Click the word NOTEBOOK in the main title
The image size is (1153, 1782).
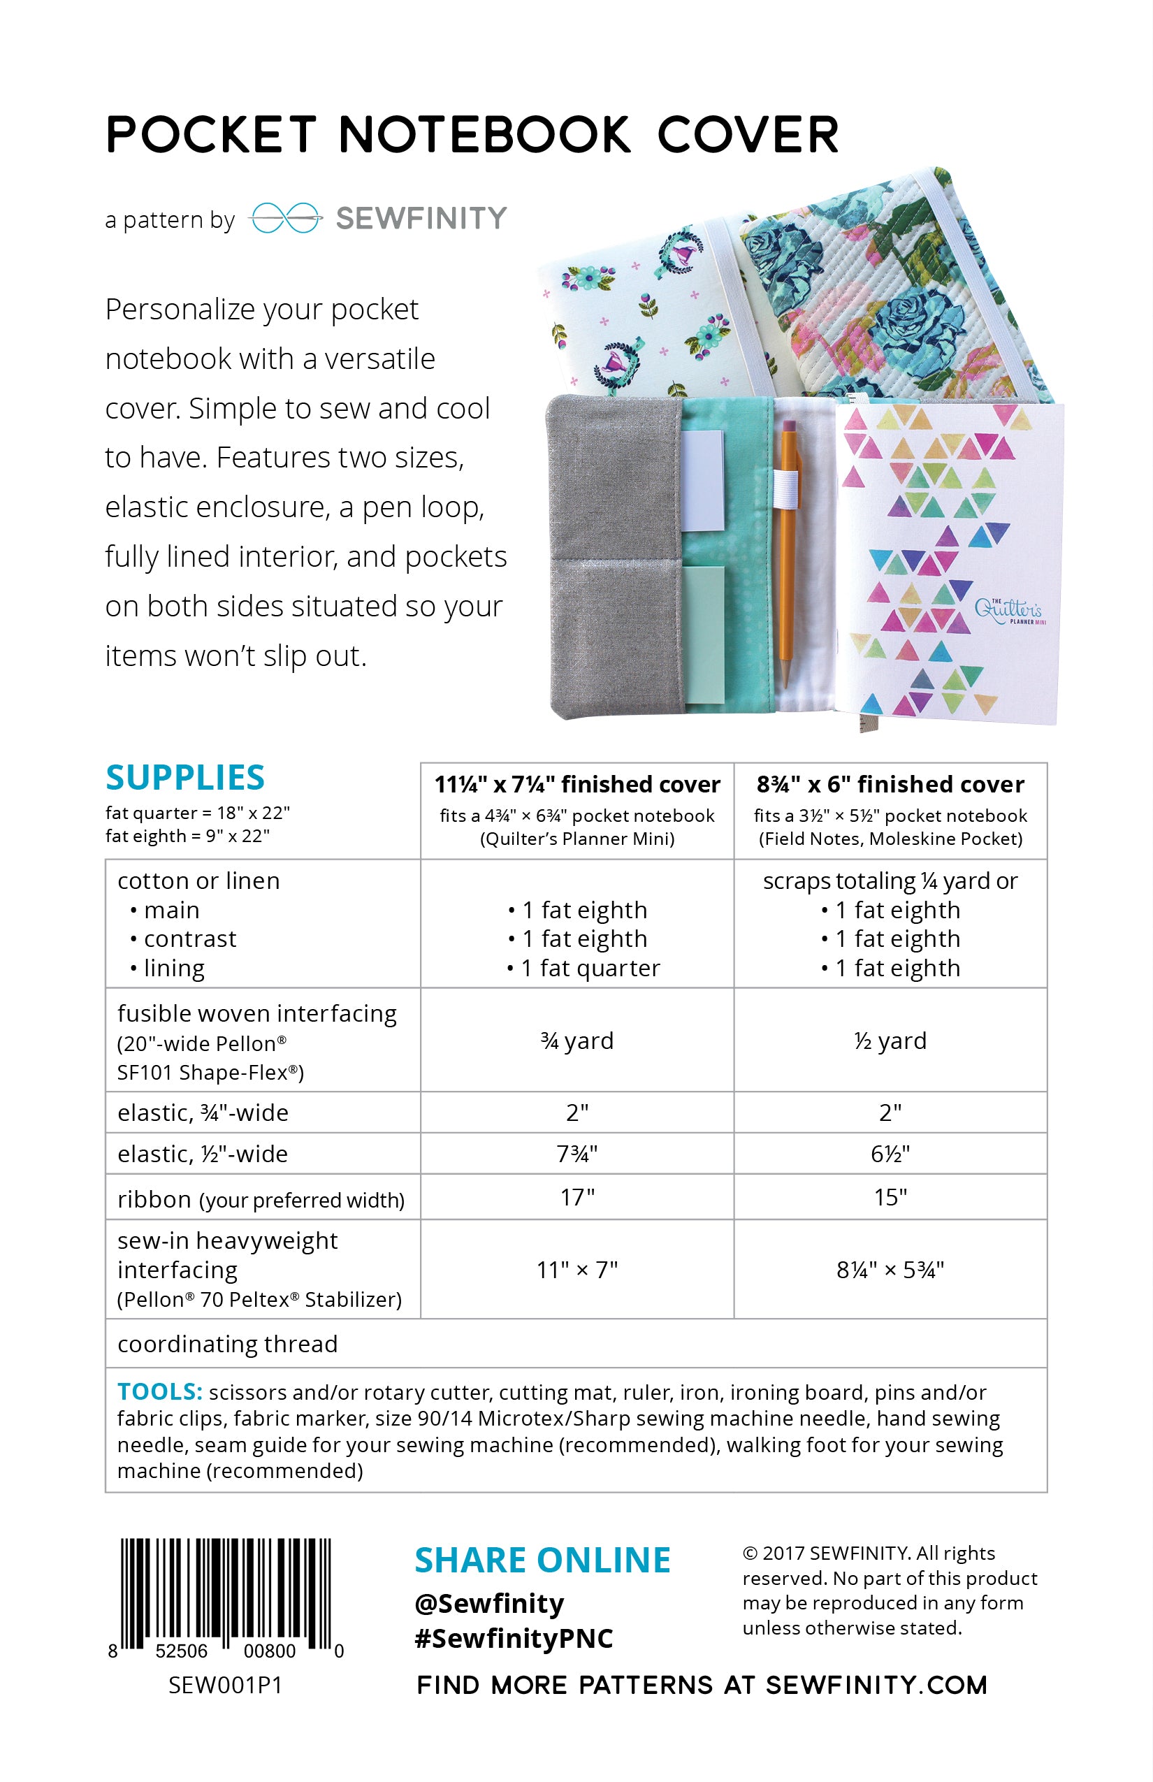click(484, 136)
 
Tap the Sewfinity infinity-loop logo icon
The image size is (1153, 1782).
click(284, 218)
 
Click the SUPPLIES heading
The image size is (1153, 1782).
click(185, 777)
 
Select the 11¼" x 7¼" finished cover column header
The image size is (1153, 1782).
click(576, 784)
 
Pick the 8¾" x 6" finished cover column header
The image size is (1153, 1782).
click(890, 784)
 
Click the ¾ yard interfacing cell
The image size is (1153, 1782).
click(576, 1041)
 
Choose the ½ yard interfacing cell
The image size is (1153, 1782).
click(890, 1041)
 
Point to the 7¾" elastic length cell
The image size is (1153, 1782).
click(576, 1154)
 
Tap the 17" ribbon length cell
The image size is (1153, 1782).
click(576, 1197)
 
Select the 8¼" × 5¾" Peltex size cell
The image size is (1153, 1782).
click(890, 1270)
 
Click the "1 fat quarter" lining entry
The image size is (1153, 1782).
click(583, 968)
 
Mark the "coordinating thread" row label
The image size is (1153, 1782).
click(227, 1344)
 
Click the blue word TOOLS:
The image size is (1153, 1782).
click(159, 1391)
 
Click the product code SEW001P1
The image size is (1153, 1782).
click(224, 1686)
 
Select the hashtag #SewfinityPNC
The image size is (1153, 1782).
click(514, 1638)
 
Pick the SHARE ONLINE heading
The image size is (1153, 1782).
click(542, 1560)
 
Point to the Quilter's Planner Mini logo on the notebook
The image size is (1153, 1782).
click(1008, 610)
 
